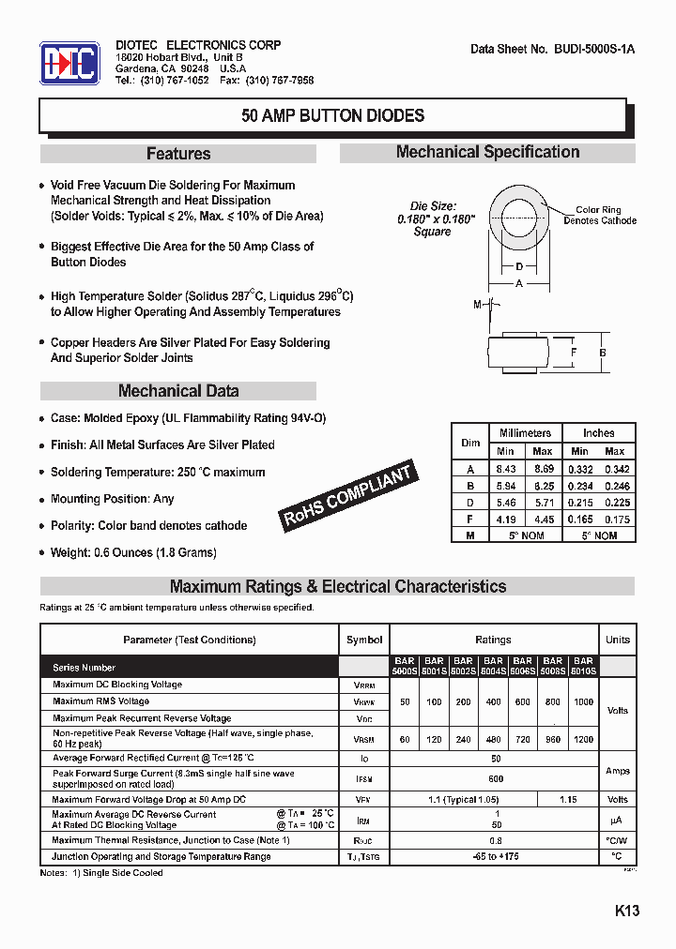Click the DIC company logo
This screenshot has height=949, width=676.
point(69,64)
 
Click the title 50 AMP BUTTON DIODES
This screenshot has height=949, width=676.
point(332,116)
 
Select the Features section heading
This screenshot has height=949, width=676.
point(178,154)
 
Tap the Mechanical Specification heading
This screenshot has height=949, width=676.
point(487,152)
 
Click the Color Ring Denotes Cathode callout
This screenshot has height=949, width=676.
point(599,216)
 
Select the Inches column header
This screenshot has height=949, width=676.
point(598,433)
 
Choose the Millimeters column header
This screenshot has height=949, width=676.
point(525,433)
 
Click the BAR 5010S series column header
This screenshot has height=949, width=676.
point(583,666)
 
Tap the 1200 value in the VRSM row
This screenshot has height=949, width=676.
point(583,739)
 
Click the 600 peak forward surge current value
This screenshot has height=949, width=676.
point(496,778)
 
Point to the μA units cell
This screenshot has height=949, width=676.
point(617,821)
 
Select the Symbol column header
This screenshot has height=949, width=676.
point(364,640)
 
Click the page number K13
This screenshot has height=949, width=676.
point(627,911)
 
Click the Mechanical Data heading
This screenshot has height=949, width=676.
point(178,391)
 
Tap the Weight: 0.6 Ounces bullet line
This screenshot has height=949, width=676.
point(133,552)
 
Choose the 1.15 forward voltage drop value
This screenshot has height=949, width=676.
point(568,800)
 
